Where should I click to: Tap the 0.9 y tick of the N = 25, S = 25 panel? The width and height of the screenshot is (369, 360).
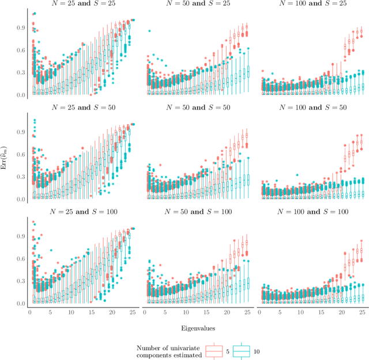click(x=20, y=26)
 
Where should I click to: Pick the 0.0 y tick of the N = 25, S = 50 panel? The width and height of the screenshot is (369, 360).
click(x=20, y=199)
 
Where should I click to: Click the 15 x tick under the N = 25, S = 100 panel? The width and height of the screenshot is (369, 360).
click(x=91, y=312)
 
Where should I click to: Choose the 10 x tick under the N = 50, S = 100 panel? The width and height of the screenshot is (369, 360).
click(x=186, y=312)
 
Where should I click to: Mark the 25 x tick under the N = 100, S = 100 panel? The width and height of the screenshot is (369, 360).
click(x=362, y=312)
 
